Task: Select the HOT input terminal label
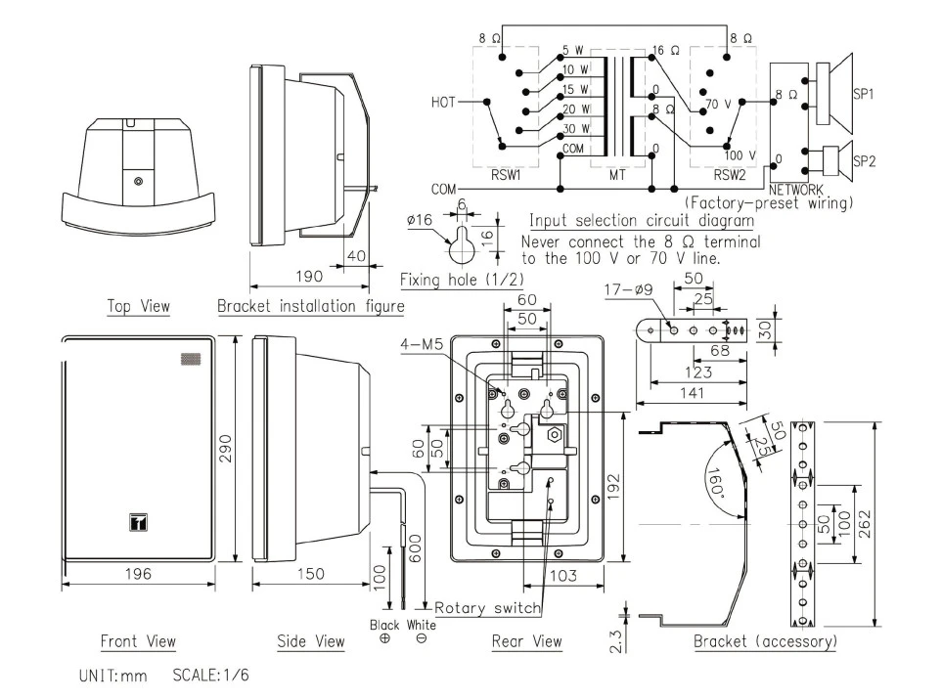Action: (x=444, y=101)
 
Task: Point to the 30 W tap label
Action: (x=576, y=127)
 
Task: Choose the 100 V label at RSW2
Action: (x=739, y=155)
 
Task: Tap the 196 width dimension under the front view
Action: (x=137, y=574)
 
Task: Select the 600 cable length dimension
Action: (x=416, y=551)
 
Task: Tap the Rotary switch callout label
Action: (x=487, y=608)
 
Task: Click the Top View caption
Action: (x=138, y=306)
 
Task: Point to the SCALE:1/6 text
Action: (x=210, y=675)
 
